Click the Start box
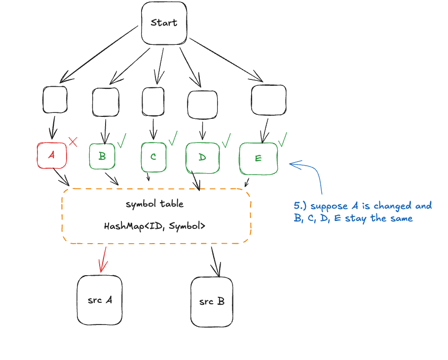coord(164,23)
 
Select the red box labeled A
coord(51,155)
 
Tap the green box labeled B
coord(103,156)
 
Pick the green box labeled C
coord(153,156)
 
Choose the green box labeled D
coord(202,158)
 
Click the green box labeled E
coord(258,158)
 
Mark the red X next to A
coord(73,142)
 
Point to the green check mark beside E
coord(283,140)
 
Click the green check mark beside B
coord(121,140)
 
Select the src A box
coord(100,300)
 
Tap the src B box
coord(212,301)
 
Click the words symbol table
coord(155,204)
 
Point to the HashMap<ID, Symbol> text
coord(155,226)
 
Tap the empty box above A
coord(55,100)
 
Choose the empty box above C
coord(153,101)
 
